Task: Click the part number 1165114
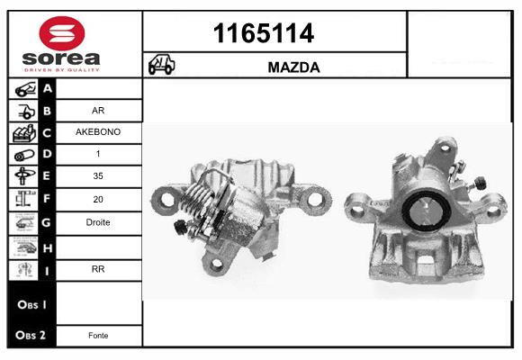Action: [x=263, y=33]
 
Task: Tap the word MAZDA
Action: [x=294, y=67]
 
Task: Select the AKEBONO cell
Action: [x=99, y=132]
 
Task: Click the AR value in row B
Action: [x=99, y=111]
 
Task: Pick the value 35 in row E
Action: [x=99, y=176]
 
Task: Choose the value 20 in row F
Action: [x=99, y=199]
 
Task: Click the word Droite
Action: [x=99, y=222]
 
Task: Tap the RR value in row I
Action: [x=99, y=267]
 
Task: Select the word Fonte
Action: [x=99, y=336]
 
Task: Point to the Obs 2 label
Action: [x=31, y=336]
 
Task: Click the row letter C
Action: [x=48, y=133]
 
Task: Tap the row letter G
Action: [x=48, y=222]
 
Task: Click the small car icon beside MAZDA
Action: [x=163, y=67]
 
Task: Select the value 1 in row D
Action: [x=99, y=155]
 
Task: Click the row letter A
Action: [x=48, y=89]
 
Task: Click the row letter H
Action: [x=48, y=246]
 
